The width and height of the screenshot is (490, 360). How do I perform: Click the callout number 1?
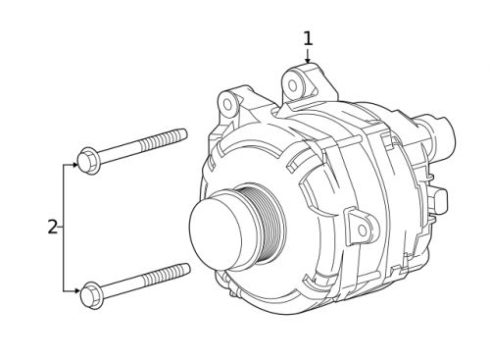[x=308, y=38]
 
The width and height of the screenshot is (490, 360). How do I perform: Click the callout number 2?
[x=52, y=228]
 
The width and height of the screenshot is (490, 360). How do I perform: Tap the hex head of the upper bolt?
[x=88, y=159]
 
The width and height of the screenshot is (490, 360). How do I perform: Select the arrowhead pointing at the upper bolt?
[x=74, y=165]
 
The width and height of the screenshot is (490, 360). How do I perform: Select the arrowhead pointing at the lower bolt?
[x=76, y=290]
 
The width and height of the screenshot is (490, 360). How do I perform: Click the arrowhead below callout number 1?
[x=308, y=60]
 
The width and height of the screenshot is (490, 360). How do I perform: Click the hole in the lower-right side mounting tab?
[x=362, y=230]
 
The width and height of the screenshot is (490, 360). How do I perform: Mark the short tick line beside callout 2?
[x=61, y=228]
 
